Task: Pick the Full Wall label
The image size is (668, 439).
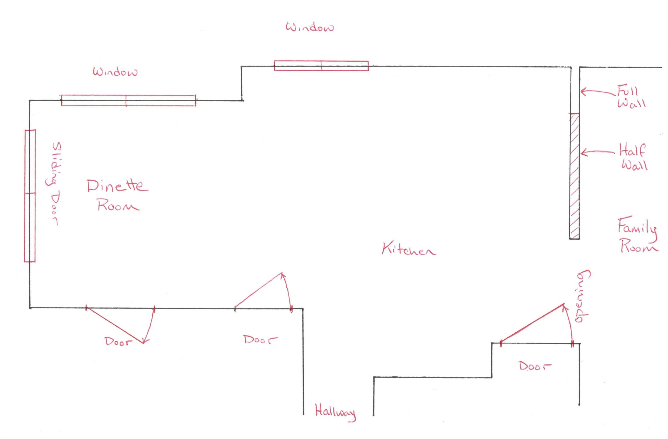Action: pyautogui.click(x=631, y=97)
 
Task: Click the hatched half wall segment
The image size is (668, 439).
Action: pyautogui.click(x=574, y=176)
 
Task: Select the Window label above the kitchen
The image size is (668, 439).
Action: pyautogui.click(x=310, y=27)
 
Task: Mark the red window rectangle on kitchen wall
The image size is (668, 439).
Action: pyautogui.click(x=321, y=66)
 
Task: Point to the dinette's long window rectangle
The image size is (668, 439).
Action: pyautogui.click(x=129, y=100)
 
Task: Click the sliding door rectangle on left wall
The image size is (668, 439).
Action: pyautogui.click(x=30, y=196)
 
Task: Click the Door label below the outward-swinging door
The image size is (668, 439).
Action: pyautogui.click(x=118, y=342)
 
